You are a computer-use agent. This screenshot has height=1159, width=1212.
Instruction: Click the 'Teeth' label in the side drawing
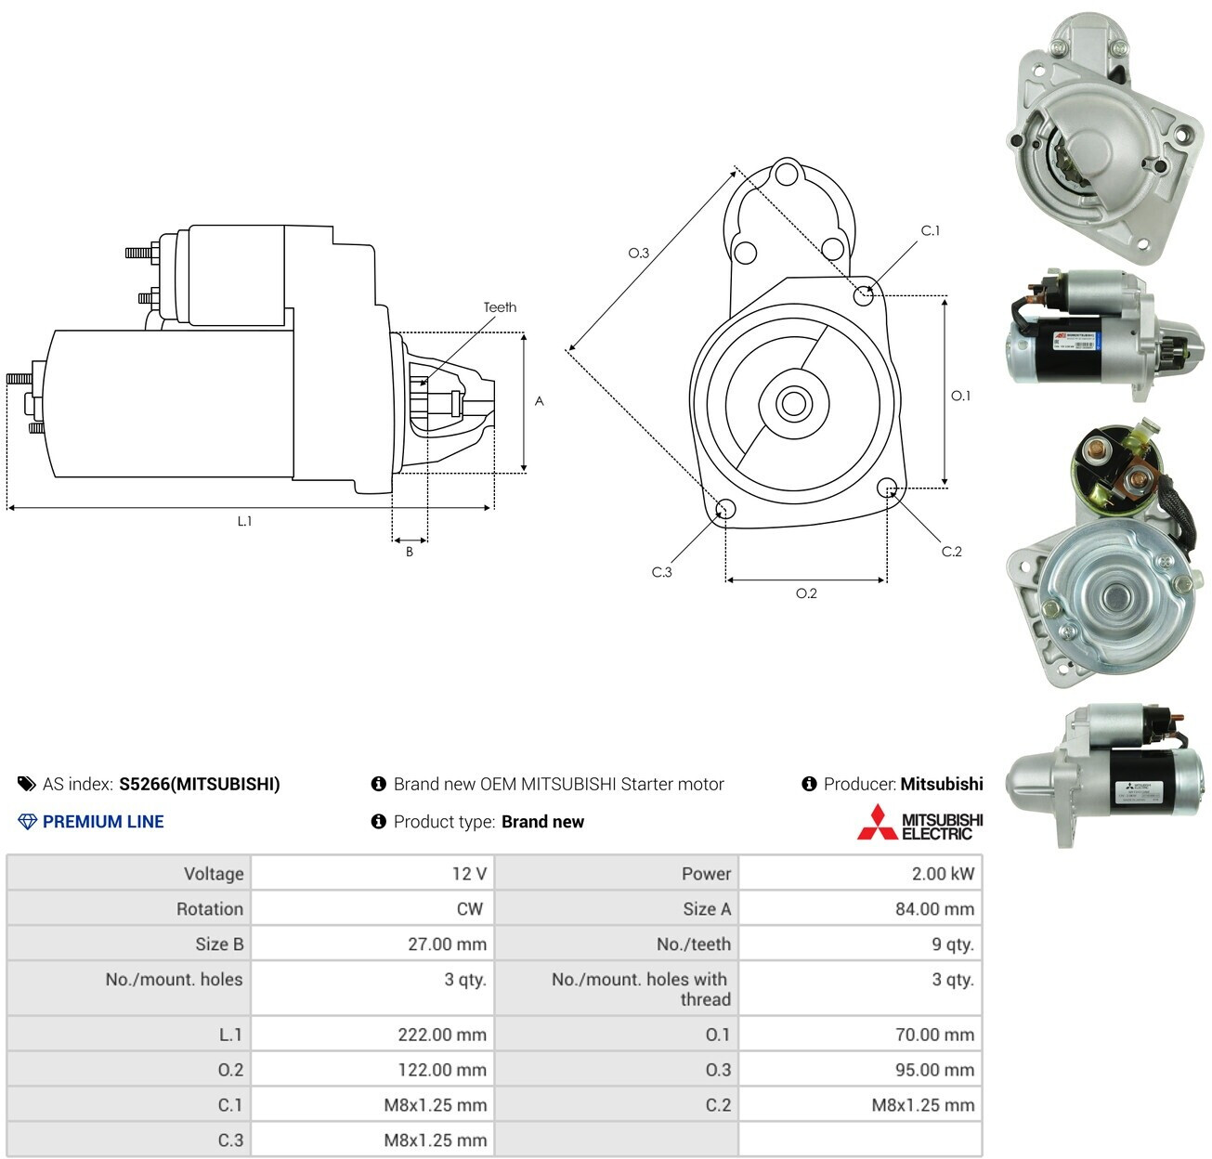(500, 307)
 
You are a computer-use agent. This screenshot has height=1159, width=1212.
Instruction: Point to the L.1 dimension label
(245, 521)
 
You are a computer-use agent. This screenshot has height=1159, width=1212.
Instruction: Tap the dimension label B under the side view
(410, 551)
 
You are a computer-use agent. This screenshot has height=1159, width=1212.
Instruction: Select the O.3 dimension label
(638, 253)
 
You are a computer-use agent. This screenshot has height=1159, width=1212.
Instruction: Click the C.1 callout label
(930, 230)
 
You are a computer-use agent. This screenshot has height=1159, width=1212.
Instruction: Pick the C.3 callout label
(661, 572)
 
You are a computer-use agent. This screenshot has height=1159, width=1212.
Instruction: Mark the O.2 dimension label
(806, 593)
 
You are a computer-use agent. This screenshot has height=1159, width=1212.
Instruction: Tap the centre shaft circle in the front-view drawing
(793, 403)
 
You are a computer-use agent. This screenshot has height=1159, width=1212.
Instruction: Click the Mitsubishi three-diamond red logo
(877, 822)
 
